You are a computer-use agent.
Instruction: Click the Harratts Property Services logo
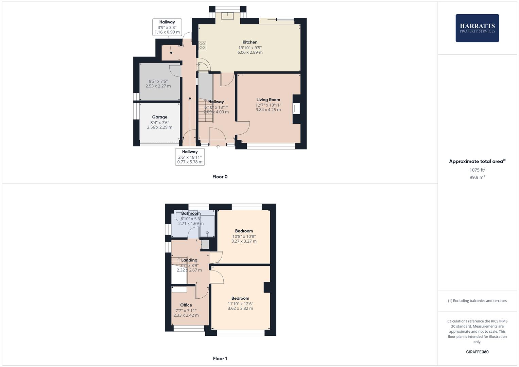point(477,28)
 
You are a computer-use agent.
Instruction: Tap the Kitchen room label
point(250,42)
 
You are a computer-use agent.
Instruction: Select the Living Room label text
point(268,100)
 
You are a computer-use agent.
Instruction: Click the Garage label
point(159,117)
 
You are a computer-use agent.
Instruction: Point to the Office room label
point(186,305)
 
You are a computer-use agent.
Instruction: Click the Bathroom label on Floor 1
point(191,213)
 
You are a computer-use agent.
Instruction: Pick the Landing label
point(189,260)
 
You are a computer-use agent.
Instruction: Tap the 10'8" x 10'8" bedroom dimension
point(244,236)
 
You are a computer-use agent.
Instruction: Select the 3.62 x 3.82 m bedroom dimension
point(240,308)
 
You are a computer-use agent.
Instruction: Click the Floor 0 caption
point(220,177)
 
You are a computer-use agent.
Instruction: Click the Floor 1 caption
point(220,359)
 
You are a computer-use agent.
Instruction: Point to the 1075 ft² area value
point(477,170)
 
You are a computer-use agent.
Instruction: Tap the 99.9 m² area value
point(477,177)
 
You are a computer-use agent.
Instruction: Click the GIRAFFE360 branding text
point(477,352)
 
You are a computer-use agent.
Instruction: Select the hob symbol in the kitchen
point(202,45)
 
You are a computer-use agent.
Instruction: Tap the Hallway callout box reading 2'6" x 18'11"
point(190,157)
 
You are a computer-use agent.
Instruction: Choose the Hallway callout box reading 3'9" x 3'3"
point(167,27)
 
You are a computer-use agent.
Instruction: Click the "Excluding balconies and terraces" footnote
point(477,301)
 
